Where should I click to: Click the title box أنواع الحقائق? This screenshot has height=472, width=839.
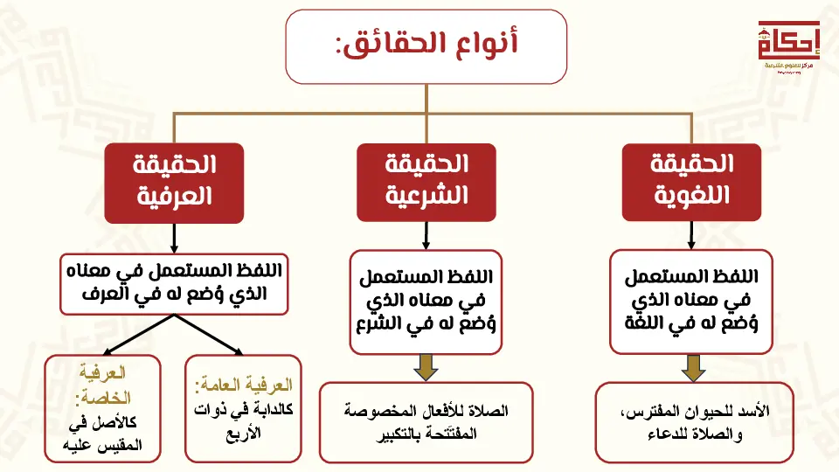(x=426, y=47)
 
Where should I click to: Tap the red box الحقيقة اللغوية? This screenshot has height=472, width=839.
(x=691, y=182)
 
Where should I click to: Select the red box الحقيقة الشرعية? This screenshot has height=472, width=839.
(x=426, y=182)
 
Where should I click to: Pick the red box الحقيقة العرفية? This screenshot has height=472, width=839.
(x=174, y=182)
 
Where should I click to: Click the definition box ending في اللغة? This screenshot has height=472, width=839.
(x=691, y=301)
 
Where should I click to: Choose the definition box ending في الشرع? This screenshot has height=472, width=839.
(x=426, y=301)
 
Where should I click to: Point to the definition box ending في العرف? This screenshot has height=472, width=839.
(x=175, y=283)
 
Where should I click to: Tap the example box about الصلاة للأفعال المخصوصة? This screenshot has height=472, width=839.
(x=426, y=421)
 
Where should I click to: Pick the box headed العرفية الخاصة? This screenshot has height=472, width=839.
(x=105, y=407)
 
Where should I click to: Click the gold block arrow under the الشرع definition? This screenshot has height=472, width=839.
(x=426, y=367)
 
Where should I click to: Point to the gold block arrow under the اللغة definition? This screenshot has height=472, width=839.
(x=693, y=367)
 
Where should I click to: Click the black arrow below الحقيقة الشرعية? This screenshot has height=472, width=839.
(x=426, y=235)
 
